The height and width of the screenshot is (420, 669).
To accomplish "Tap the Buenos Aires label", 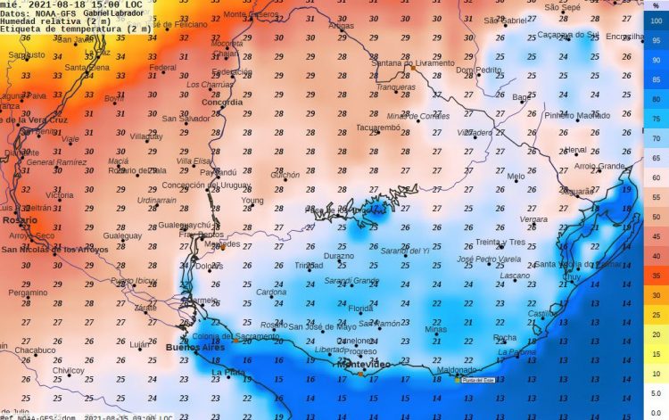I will coord(188,347).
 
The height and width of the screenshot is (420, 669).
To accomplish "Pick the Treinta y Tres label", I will coord(500,242).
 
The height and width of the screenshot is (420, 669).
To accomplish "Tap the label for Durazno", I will coord(339,255).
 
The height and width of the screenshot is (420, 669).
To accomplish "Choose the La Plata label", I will coord(227,372).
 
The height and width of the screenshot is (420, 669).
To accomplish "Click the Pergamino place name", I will coord(28,292).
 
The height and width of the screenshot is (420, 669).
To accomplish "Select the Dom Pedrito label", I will coord(478,70).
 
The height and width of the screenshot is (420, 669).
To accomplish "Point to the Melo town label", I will coord(516,177).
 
